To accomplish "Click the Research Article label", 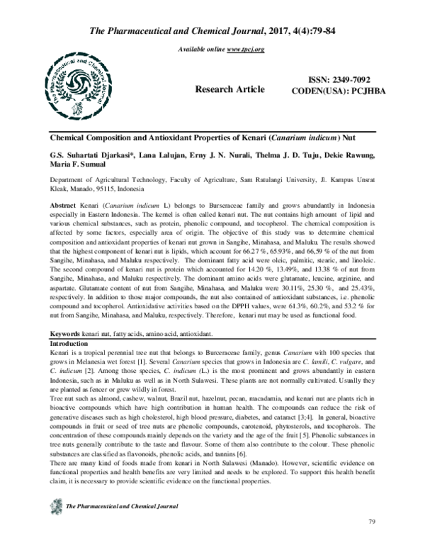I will coord(234,89).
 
